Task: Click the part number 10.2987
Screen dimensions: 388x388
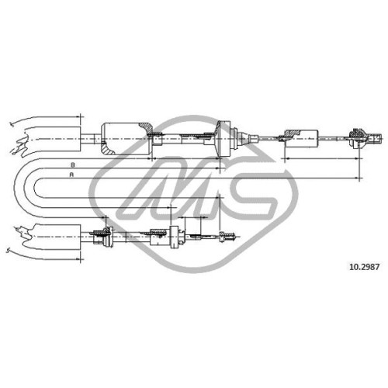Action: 364,267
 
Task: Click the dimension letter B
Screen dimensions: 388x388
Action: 73,165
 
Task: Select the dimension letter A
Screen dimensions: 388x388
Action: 71,175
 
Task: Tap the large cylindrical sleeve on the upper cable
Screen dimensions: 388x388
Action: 126,139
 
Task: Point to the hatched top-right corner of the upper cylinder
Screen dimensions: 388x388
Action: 147,127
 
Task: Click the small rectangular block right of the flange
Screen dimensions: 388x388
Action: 301,139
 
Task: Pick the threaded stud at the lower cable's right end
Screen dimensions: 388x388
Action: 227,237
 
